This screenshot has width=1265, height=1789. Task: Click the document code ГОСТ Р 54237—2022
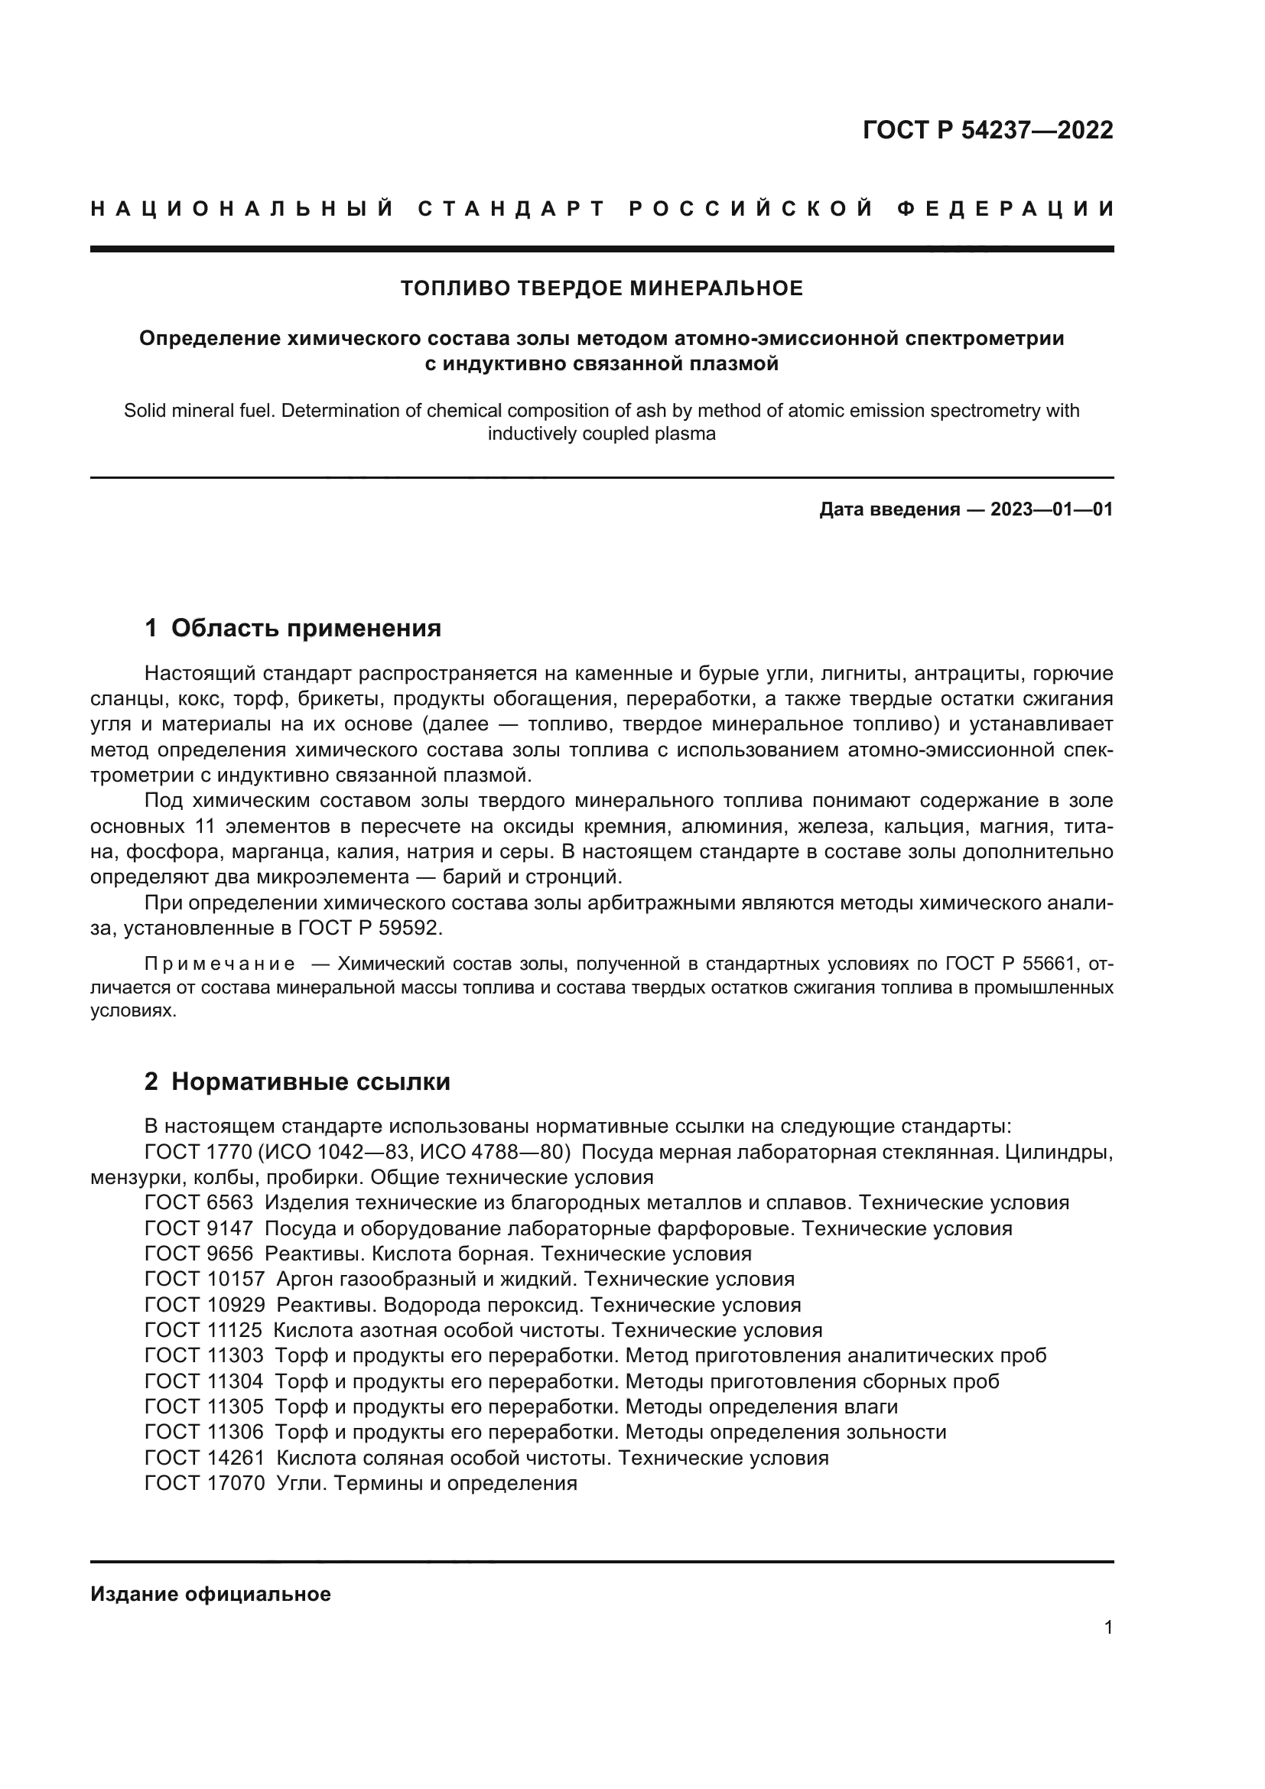coord(987,130)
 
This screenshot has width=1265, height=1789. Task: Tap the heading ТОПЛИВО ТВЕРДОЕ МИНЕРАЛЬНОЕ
coord(601,288)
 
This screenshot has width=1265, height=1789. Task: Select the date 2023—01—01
coord(1052,509)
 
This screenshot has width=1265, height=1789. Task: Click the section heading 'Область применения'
coord(305,628)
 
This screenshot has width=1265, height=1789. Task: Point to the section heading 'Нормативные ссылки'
coord(310,1082)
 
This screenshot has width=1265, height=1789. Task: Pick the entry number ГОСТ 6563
coord(199,1202)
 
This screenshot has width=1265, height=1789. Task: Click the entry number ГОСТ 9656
coord(199,1254)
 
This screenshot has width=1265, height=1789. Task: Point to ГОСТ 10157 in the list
coord(204,1279)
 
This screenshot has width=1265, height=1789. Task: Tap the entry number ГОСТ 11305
coord(204,1407)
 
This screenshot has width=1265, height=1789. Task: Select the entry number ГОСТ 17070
coord(204,1483)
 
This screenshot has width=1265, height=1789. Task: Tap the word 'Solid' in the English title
coord(145,411)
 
